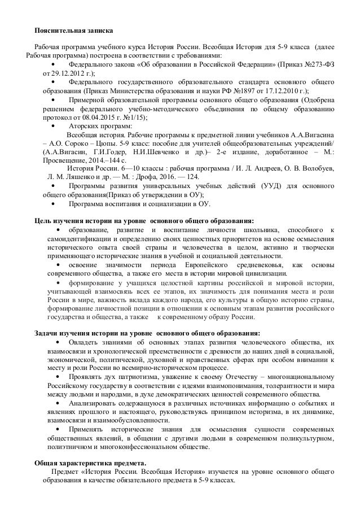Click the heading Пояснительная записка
point(73,29)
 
